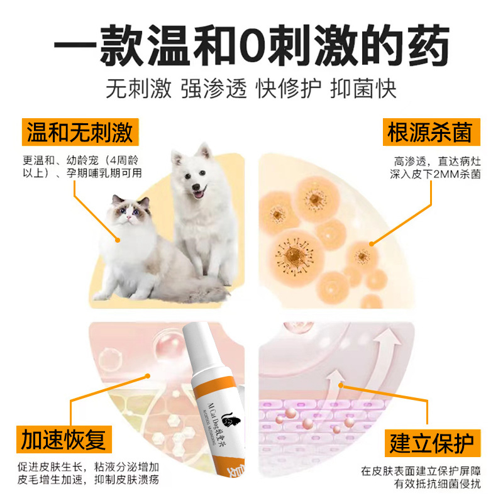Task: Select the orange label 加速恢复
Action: click(63, 439)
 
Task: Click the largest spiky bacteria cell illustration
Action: click(293, 257)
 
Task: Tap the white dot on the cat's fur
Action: click(117, 238)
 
